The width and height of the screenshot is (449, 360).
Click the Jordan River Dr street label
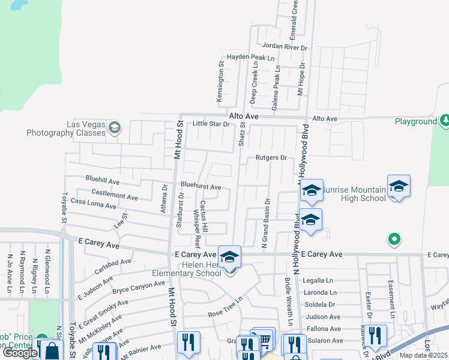pyautogui.click(x=285, y=46)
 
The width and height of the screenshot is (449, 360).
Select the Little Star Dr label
pyautogui.click(x=211, y=124)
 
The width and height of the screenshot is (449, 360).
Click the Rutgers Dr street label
pyautogui.click(x=272, y=158)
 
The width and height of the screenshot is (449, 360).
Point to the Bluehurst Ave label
pyautogui.click(x=201, y=187)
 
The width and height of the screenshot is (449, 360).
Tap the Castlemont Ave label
pyautogui.click(x=115, y=194)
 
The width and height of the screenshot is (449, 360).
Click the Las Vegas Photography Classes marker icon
pyautogui.click(x=114, y=127)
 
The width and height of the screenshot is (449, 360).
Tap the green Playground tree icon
pyautogui.click(x=445, y=121)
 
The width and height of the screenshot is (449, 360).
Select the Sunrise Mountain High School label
pyautogui.click(x=353, y=194)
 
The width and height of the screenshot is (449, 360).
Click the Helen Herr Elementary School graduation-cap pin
pyautogui.click(x=229, y=257)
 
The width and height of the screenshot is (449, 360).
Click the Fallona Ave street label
pyautogui.click(x=324, y=329)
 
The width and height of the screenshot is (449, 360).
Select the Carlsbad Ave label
pyautogui.click(x=113, y=265)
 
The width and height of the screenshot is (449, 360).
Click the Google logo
pyautogui.click(x=20, y=352)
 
